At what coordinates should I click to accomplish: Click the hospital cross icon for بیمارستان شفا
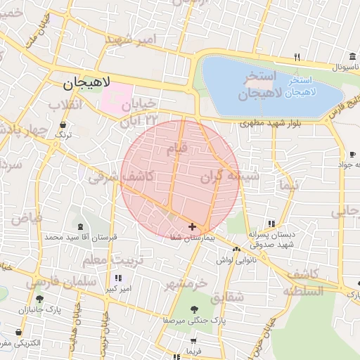tap(193, 226)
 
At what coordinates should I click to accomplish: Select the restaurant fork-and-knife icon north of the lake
tap(297, 57)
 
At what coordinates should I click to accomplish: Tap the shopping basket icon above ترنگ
tap(64, 124)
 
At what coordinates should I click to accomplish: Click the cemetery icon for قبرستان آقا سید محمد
tap(79, 226)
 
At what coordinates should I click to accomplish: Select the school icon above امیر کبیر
tap(118, 278)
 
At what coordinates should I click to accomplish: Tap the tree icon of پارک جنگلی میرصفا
tap(193, 309)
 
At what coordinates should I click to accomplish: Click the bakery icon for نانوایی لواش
tap(236, 248)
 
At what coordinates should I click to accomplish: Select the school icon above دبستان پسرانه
tap(271, 224)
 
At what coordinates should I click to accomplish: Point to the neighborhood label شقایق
tap(226, 297)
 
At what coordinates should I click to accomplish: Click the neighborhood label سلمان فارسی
tap(53, 282)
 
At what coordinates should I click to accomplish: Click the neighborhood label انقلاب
tap(65, 105)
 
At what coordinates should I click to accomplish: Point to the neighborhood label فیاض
tap(26, 218)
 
